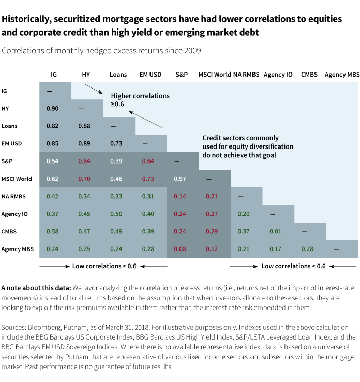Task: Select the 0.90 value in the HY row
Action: point(52,108)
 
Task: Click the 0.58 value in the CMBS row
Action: point(52,231)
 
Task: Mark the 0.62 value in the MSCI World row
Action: point(52,179)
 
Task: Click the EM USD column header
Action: point(151,75)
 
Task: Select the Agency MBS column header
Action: point(342,75)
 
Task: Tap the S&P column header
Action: point(182,75)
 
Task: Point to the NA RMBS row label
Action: point(13,196)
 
